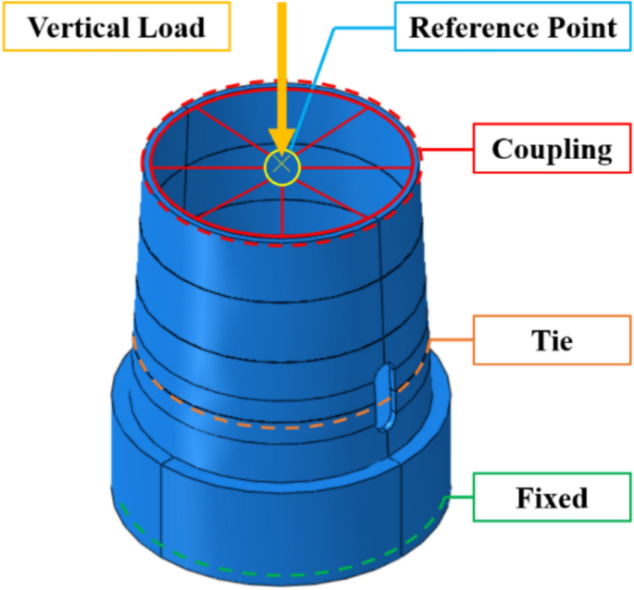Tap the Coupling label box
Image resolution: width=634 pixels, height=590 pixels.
553,149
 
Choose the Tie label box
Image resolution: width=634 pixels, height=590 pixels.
553,341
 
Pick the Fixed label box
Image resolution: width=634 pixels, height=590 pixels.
551,498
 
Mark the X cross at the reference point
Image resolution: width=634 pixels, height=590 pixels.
282,167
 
